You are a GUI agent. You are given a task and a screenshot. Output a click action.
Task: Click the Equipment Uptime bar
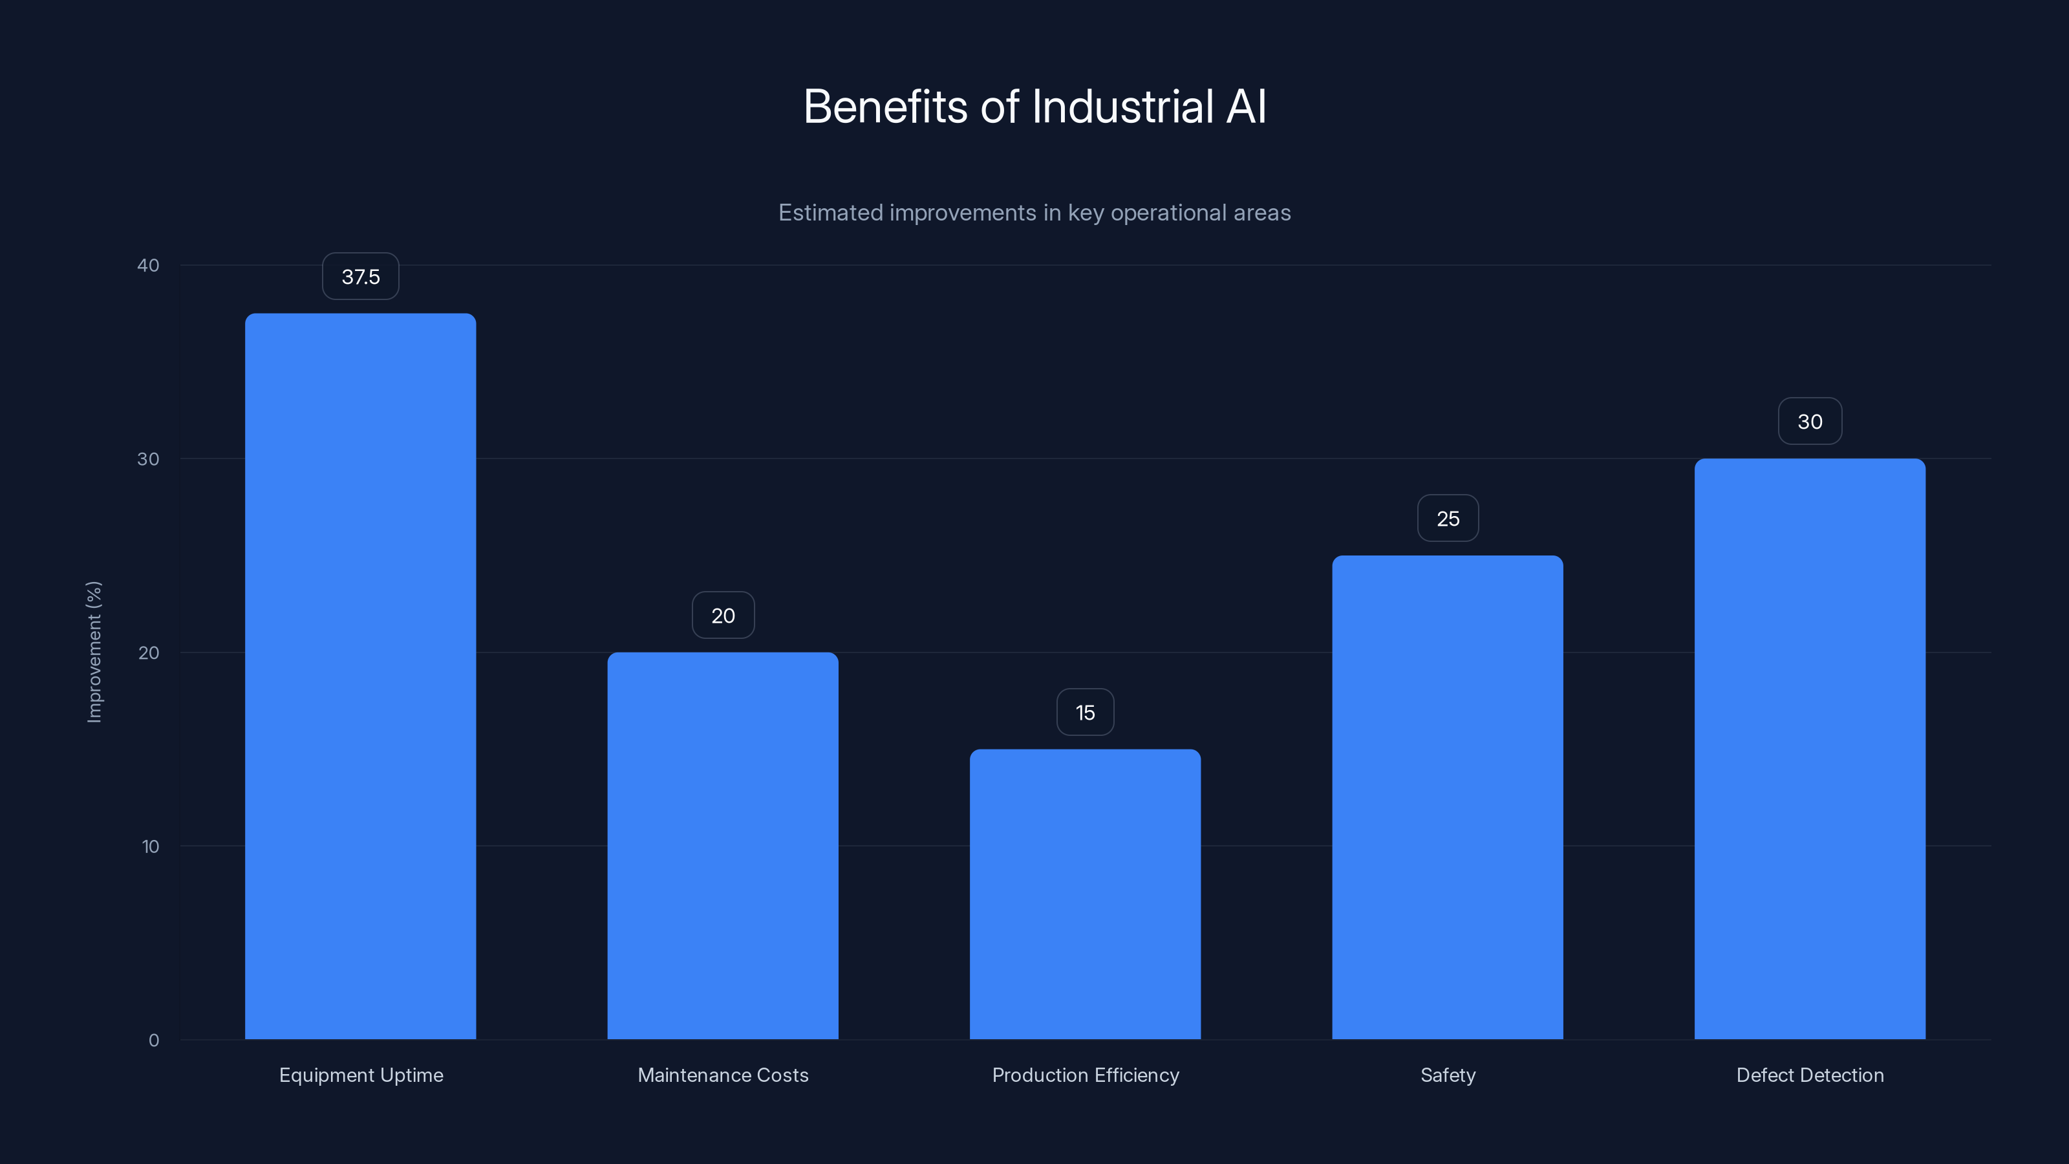[x=360, y=676]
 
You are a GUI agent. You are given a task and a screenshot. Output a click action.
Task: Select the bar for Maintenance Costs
[x=722, y=845]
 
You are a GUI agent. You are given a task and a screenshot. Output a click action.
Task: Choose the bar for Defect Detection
[x=1810, y=748]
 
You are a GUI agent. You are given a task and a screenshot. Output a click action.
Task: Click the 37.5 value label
[x=360, y=276]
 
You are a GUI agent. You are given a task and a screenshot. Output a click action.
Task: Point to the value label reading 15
[x=1084, y=713]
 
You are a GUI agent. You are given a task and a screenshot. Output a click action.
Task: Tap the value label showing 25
[x=1448, y=518]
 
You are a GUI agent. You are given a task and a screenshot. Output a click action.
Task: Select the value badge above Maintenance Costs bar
[x=722, y=616]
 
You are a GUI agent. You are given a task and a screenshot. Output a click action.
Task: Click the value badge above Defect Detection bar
[x=1810, y=421]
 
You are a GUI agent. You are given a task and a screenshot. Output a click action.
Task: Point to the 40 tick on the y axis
[x=149, y=265]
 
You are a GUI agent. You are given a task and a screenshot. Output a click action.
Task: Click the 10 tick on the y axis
[x=150, y=846]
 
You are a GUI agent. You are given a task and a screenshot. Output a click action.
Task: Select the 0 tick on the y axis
[x=153, y=1040]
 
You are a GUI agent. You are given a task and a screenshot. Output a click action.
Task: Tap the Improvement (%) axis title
[x=94, y=651]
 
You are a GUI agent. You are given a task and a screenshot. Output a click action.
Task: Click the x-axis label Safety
[x=1448, y=1075]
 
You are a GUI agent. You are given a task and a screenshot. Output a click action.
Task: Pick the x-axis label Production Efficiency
[x=1085, y=1075]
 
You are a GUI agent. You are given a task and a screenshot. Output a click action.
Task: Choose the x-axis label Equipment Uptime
[x=361, y=1075]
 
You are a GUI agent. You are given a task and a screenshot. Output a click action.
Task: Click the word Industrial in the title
[x=1122, y=106]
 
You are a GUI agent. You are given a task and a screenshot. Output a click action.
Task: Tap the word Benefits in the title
[x=885, y=106]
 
